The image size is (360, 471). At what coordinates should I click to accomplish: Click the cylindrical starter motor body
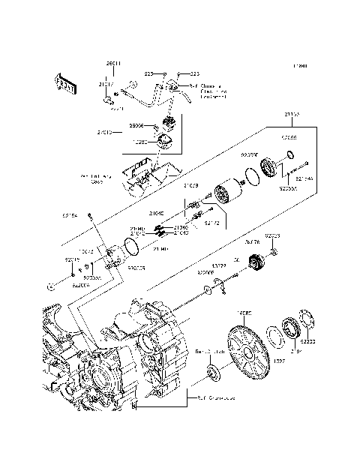coord(226,194)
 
